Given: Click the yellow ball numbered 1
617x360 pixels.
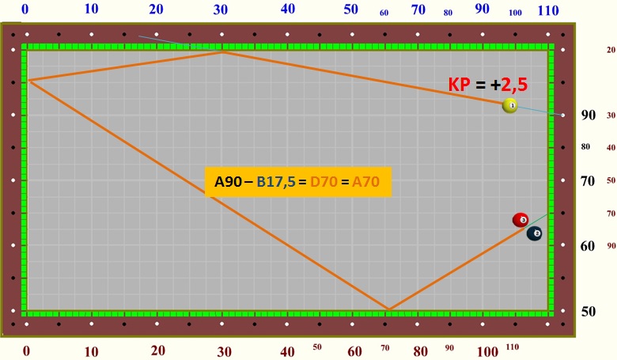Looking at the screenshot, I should tap(510, 105).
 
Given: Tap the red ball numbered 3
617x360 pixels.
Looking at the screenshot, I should tap(520, 220).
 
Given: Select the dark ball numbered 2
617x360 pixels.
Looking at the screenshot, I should tap(535, 233).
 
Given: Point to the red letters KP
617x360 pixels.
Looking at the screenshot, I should tap(460, 85).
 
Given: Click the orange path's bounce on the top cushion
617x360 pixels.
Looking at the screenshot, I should tap(223, 51).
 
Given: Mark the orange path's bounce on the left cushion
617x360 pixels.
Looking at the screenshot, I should tap(28, 80).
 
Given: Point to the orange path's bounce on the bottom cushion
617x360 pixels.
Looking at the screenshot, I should tap(388, 309).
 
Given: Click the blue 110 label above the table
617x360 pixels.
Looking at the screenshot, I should tap(548, 10).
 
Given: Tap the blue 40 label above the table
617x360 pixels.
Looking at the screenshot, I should tap(288, 9).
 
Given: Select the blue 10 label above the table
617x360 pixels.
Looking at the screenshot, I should tap(92, 9).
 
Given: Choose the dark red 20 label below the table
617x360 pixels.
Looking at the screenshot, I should tap(158, 351).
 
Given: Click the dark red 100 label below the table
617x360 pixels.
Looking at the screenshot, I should tap(488, 351).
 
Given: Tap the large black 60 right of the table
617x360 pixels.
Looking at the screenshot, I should tap(588, 246).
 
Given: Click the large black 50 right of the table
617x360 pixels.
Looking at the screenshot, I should tap(588, 311).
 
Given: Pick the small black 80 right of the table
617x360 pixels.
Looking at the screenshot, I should tap(585, 146).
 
